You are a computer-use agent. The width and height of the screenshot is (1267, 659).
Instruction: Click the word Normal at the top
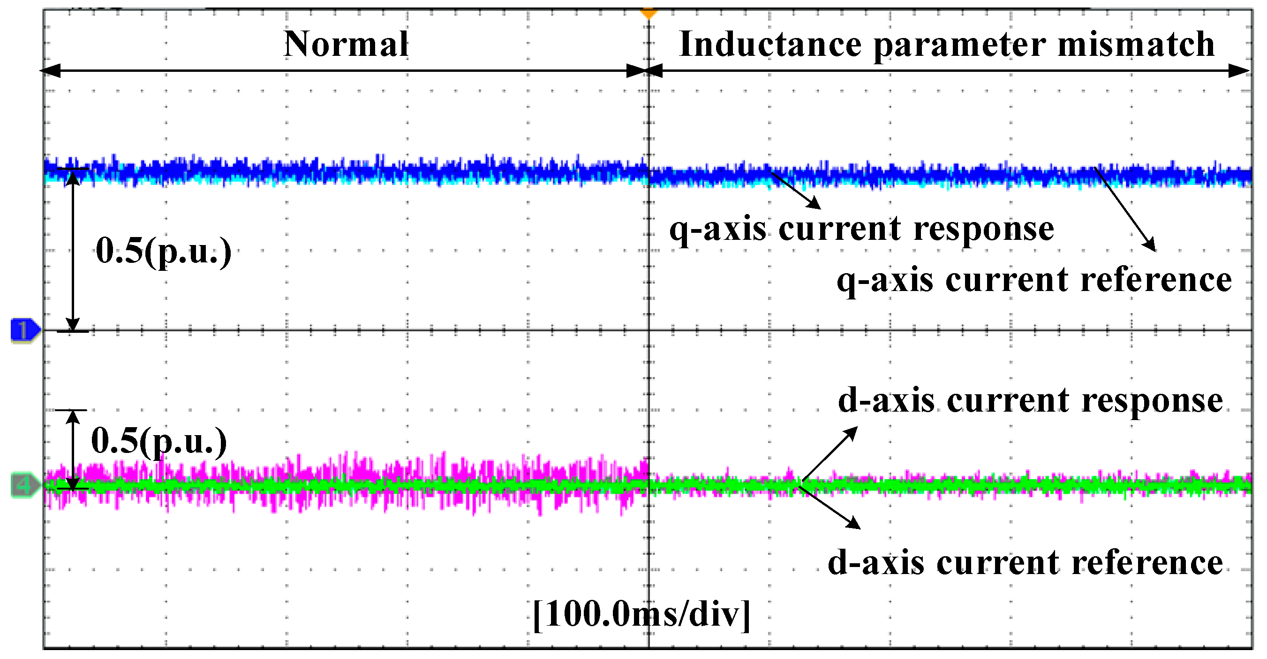click(346, 44)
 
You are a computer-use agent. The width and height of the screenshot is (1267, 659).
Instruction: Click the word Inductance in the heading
click(770, 44)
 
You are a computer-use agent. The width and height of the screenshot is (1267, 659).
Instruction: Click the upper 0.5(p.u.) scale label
click(163, 251)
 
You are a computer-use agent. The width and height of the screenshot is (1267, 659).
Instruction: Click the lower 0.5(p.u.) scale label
click(159, 440)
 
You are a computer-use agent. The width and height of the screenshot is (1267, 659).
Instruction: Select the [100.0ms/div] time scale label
click(642, 614)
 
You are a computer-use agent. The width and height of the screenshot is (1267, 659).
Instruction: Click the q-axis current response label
click(862, 230)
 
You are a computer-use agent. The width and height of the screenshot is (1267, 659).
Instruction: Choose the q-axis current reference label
click(1034, 281)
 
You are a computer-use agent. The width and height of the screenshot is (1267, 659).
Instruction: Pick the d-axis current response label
click(1030, 401)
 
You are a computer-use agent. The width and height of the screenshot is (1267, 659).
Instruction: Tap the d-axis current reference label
click(1025, 562)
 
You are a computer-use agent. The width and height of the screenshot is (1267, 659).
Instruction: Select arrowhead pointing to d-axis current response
click(852, 432)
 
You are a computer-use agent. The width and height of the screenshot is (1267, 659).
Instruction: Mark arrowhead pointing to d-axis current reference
click(855, 525)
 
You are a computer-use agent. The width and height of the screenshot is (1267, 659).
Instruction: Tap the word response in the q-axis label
click(984, 230)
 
